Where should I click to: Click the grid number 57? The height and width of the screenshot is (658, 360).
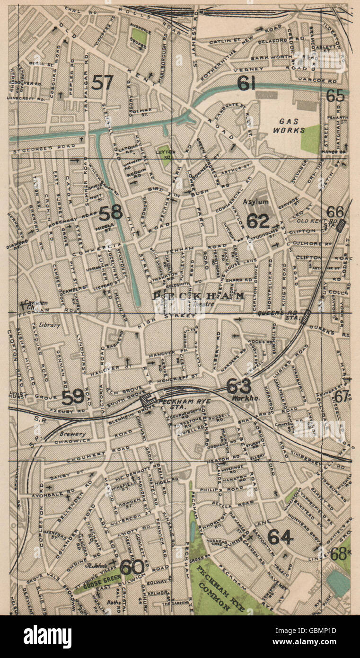pos(103,83)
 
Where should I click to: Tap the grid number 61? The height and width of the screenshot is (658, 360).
pos(246,84)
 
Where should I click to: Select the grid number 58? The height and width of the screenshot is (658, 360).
pos(111,213)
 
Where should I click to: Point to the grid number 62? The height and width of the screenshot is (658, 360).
pos(258,221)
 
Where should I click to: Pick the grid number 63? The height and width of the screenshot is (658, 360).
pos(238,386)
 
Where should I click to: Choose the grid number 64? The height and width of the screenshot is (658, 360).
pos(281,537)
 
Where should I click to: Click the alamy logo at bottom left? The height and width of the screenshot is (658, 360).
pos(42,636)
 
